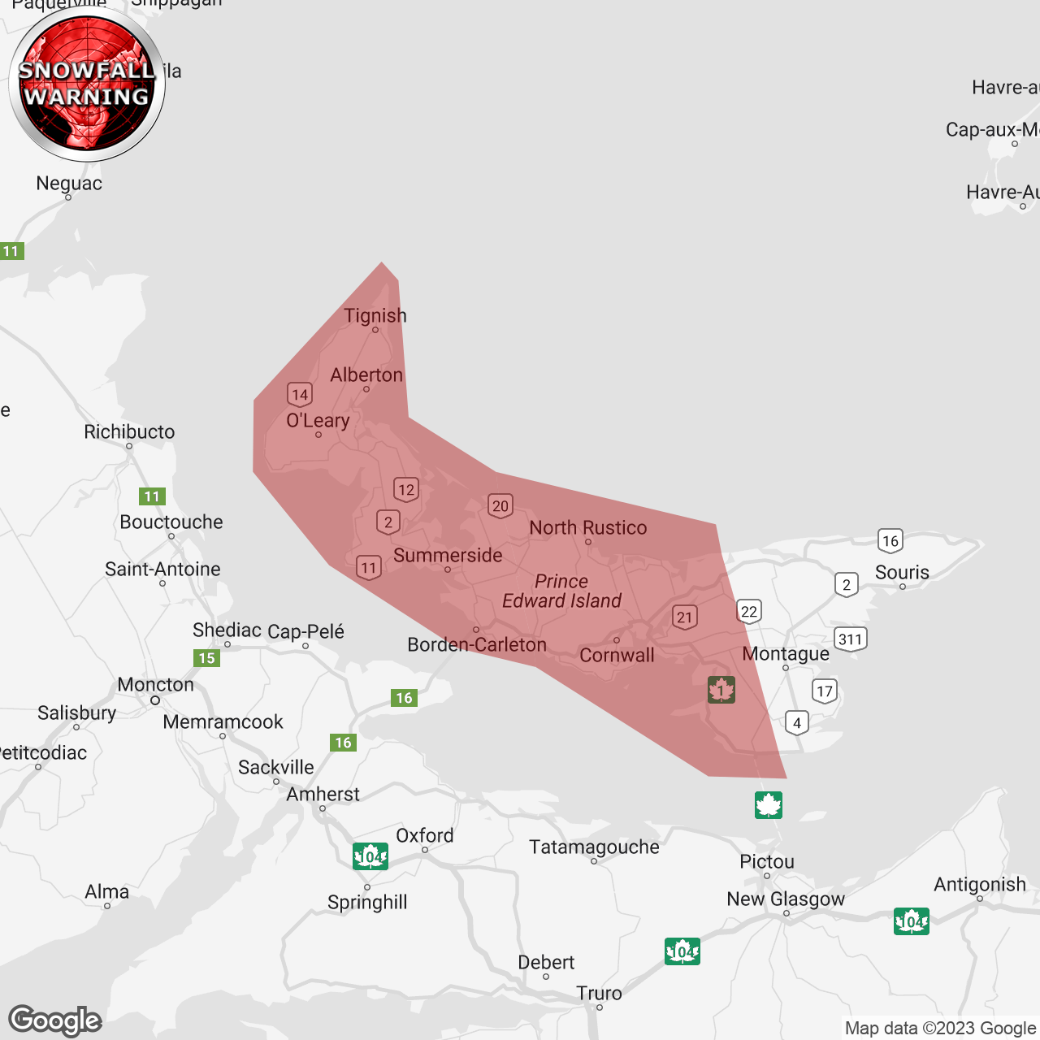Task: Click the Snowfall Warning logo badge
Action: point(87,84)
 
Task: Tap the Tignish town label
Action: point(375,316)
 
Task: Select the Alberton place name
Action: point(366,375)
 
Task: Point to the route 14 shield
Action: point(300,395)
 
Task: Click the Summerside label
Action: point(448,556)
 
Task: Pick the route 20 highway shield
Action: point(500,506)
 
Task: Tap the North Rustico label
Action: point(588,528)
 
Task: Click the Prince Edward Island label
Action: point(561,591)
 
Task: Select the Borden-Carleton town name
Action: point(477,645)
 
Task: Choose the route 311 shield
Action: point(851,639)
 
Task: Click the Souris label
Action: point(902,573)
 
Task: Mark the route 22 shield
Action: point(749,612)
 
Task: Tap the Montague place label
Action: point(786,654)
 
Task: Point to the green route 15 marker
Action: point(207,658)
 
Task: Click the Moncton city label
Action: point(156,685)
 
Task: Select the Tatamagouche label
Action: point(594,847)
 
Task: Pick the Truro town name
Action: point(599,994)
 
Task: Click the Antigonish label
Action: point(980,885)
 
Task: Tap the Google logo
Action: point(55,1020)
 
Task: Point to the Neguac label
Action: point(69,184)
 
